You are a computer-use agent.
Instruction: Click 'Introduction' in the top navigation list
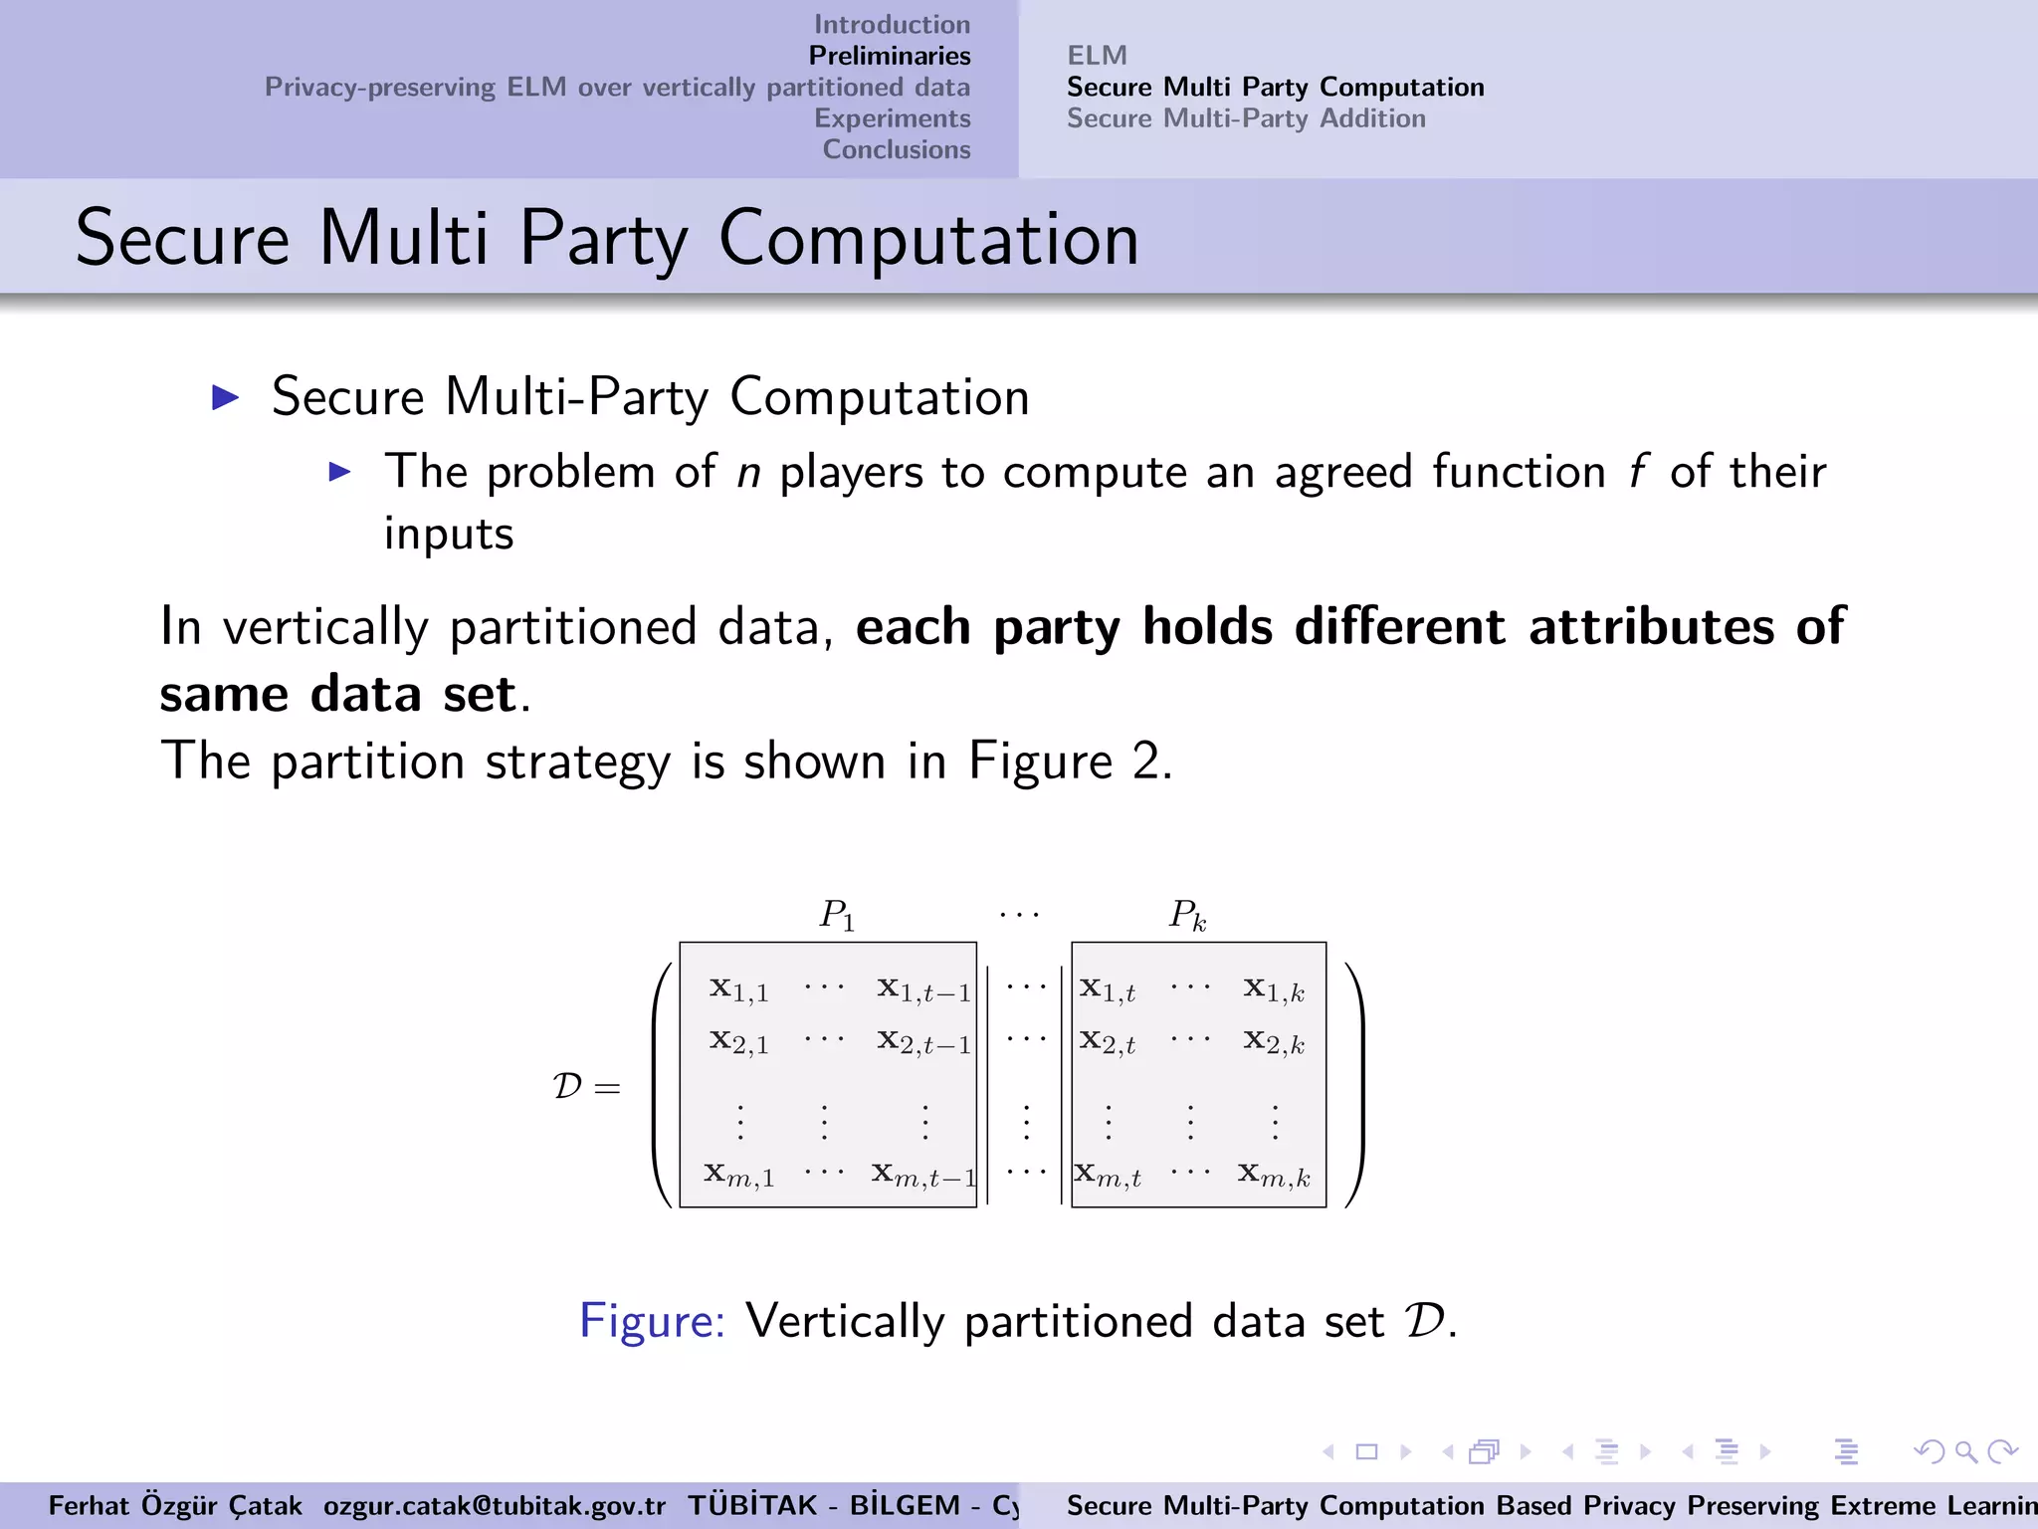click(892, 24)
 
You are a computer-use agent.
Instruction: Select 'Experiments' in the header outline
click(892, 117)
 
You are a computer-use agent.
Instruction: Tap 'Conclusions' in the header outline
click(896, 149)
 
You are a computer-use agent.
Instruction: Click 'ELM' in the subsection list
click(1097, 56)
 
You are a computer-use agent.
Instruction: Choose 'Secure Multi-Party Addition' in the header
click(1246, 118)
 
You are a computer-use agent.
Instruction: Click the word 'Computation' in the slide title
click(928, 240)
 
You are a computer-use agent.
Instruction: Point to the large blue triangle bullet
click(226, 398)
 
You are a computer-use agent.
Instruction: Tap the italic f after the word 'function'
click(1637, 472)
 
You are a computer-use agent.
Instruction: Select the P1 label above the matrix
click(837, 914)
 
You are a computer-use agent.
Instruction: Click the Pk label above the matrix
click(1187, 914)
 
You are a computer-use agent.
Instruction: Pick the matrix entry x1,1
click(738, 989)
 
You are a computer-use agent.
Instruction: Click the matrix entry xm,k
click(1274, 1176)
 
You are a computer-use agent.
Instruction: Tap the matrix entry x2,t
click(1107, 1042)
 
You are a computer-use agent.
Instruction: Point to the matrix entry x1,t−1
click(922, 989)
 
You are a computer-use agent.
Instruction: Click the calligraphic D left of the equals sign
click(567, 1086)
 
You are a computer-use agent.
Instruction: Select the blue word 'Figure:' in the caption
click(652, 1322)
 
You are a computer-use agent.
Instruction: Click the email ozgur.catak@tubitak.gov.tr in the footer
click(494, 1505)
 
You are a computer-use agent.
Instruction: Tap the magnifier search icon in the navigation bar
click(1965, 1452)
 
